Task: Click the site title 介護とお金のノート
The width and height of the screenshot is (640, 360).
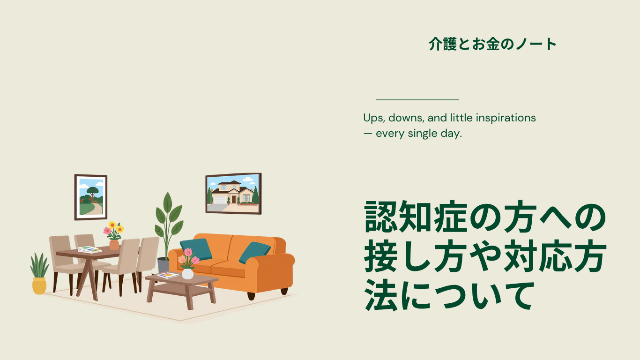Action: tap(492, 45)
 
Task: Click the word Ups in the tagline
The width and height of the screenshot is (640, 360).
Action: tap(373, 118)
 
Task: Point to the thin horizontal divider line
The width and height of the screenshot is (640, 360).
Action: tap(417, 100)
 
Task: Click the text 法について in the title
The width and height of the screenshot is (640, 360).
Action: tap(449, 295)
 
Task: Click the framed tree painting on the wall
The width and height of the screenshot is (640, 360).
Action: tap(91, 197)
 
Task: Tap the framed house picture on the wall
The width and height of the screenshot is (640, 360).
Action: tap(233, 194)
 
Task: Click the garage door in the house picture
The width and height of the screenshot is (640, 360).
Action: tap(220, 200)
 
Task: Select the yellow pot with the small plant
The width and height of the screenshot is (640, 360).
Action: tap(39, 286)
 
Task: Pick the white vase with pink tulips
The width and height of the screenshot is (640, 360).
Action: tap(187, 274)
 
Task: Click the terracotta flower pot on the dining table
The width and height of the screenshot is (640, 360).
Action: tap(114, 245)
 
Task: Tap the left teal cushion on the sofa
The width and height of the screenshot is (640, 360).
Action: tap(196, 249)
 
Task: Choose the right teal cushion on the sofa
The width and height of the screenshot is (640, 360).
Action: tap(254, 252)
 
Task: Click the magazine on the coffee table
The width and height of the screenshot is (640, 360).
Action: tap(168, 275)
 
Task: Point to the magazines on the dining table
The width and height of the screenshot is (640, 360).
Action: tap(89, 250)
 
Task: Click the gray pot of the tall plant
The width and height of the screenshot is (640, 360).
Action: tap(164, 266)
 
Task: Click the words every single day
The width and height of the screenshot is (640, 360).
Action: tap(419, 134)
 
